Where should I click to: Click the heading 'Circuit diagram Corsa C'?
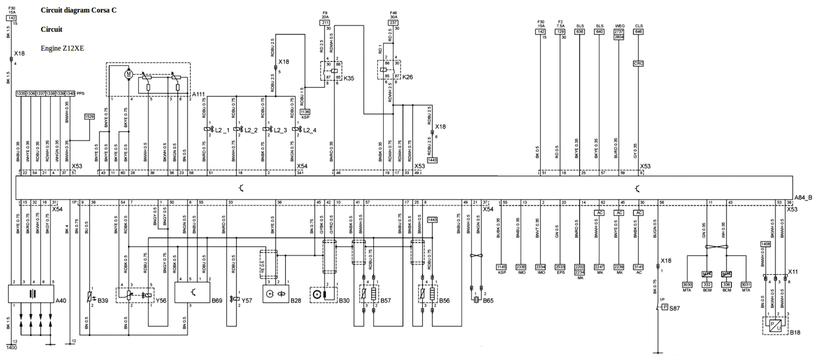coord(78,10)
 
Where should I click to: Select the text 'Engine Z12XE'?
coord(62,48)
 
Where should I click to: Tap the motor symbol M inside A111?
coord(128,74)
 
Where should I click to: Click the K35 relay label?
coord(349,79)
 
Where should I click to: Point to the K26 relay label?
coord(407,77)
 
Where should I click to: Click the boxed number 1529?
coord(89,117)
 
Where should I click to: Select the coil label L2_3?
coord(280,130)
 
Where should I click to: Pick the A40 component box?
coord(31,294)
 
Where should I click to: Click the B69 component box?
coord(192,292)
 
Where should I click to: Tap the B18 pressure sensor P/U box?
coord(776,326)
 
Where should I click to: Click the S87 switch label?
coord(674,308)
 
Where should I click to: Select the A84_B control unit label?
coord(803,198)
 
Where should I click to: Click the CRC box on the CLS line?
coord(638,63)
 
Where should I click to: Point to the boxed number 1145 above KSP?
coord(501,267)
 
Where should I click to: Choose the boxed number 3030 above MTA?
coord(687,285)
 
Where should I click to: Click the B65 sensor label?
coord(488,301)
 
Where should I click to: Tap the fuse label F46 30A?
coord(393,15)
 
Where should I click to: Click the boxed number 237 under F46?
coord(393,22)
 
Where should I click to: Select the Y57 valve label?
coord(247,301)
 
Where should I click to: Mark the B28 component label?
coord(296,301)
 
